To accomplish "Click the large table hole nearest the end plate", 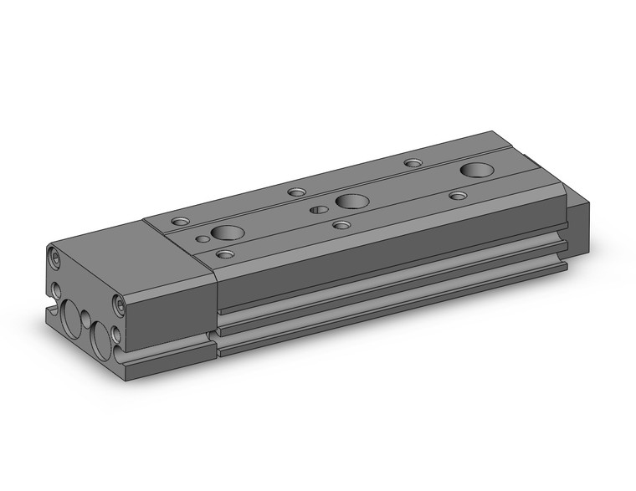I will [x=227, y=233].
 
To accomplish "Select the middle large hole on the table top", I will [x=351, y=201].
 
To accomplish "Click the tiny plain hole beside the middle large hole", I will [x=319, y=209].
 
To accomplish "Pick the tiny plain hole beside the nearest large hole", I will [x=203, y=238].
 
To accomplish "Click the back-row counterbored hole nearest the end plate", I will [x=181, y=222].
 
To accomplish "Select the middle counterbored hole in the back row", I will [x=296, y=192].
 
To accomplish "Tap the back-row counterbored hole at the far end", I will [x=413, y=162].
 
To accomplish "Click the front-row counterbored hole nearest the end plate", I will [x=225, y=253].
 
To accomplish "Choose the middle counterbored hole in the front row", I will [x=341, y=224].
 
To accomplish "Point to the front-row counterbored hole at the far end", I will [x=458, y=195].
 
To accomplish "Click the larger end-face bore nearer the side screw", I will [x=101, y=340].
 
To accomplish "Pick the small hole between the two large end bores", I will [x=85, y=319].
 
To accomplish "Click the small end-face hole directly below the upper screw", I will [x=56, y=289].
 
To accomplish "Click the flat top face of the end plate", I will [x=126, y=251].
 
